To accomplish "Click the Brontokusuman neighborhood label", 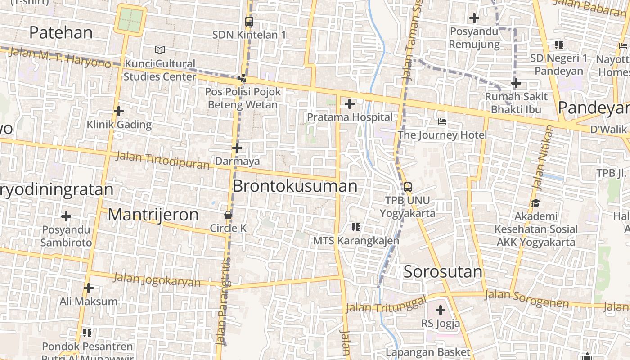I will pyautogui.click(x=295, y=186).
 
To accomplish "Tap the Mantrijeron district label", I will pyautogui.click(x=153, y=215).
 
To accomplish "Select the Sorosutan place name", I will pyautogui.click(x=443, y=271).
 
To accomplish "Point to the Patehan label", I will pyautogui.click(x=61, y=32).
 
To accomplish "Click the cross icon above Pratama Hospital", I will pyautogui.click(x=349, y=104).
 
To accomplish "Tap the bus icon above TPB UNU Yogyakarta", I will pyautogui.click(x=408, y=187).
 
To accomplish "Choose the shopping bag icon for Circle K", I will pyautogui.click(x=228, y=215).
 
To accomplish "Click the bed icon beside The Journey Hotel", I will pyautogui.click(x=442, y=121).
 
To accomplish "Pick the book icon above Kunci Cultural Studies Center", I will pyautogui.click(x=160, y=50).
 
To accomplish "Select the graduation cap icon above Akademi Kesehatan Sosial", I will pyautogui.click(x=535, y=203).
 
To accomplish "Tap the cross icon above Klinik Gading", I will pyautogui.click(x=119, y=111).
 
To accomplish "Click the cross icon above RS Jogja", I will pyautogui.click(x=441, y=310).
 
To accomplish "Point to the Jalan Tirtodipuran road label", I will pyautogui.click(x=163, y=161).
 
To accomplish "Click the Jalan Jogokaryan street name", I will pyautogui.click(x=157, y=279).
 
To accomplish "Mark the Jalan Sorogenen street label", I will pyautogui.click(x=527, y=299).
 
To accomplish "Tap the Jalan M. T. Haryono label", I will pyautogui.click(x=59, y=58).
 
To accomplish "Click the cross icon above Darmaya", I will pyautogui.click(x=237, y=148).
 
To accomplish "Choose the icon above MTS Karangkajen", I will pyautogui.click(x=356, y=227).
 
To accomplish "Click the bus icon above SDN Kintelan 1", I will pyautogui.click(x=249, y=22).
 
